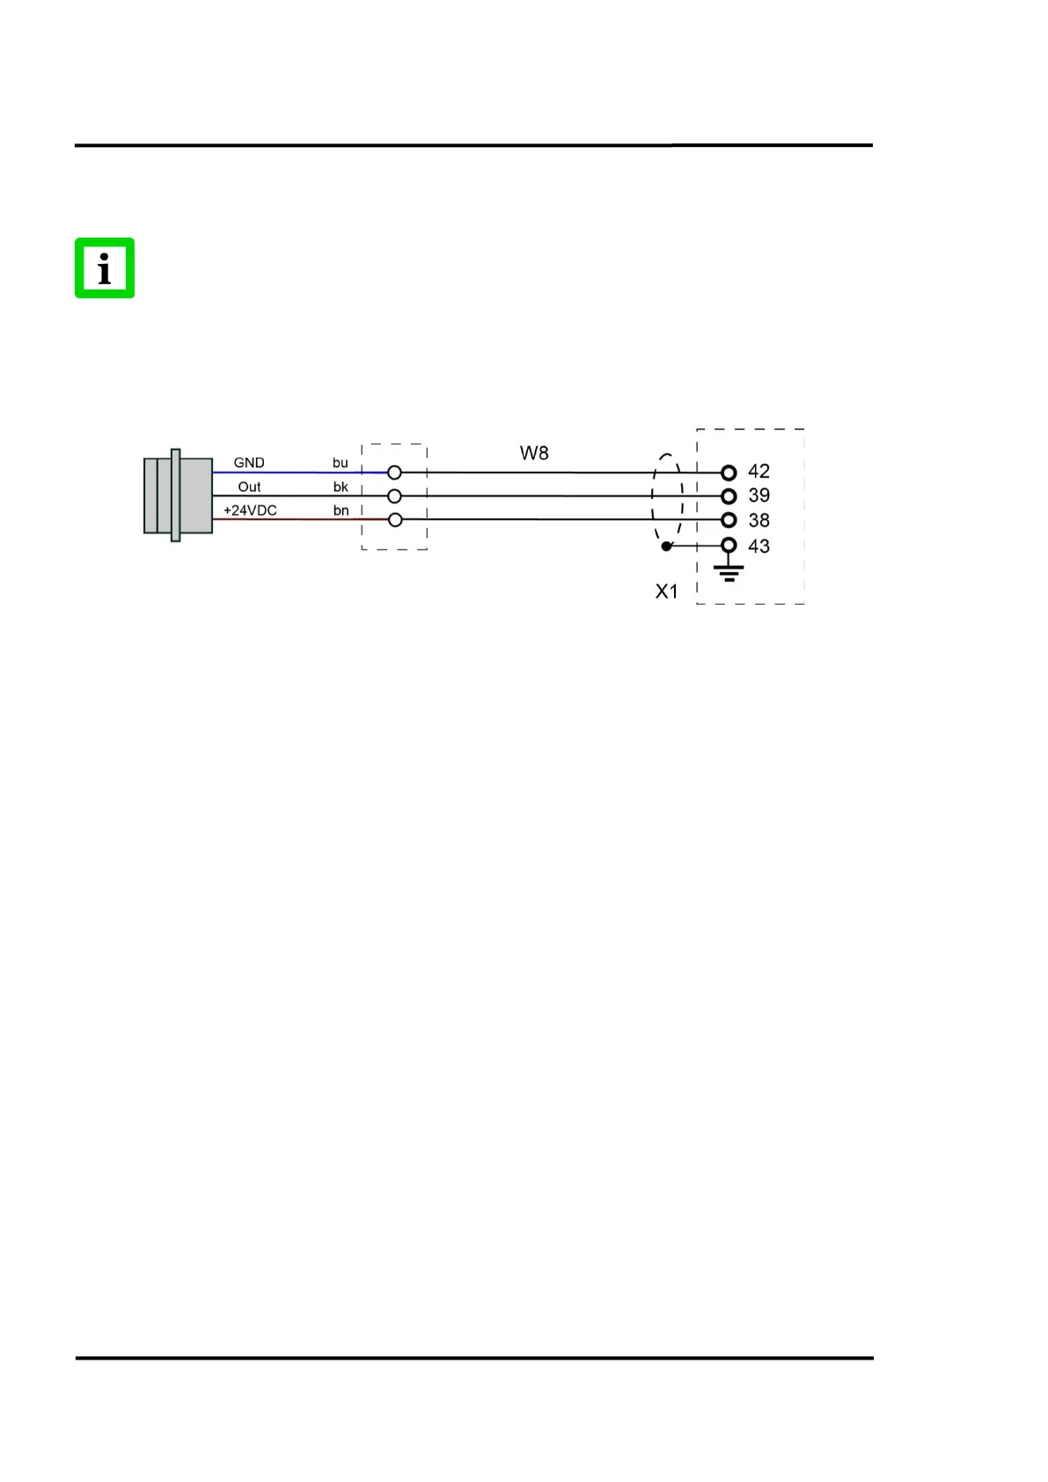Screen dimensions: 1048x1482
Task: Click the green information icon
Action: (x=105, y=268)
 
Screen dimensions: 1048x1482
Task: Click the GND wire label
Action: (x=249, y=462)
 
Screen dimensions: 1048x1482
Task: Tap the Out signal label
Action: (x=249, y=487)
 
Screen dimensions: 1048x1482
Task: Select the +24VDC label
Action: (x=250, y=510)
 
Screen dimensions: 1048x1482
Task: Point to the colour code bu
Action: (x=340, y=462)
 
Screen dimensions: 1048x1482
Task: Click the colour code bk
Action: (x=341, y=487)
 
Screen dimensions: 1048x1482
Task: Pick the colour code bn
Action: (x=341, y=510)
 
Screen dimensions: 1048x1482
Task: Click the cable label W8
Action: (x=534, y=453)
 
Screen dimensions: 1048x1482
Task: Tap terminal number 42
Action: (x=759, y=471)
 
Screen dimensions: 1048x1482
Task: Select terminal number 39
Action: (x=759, y=495)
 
